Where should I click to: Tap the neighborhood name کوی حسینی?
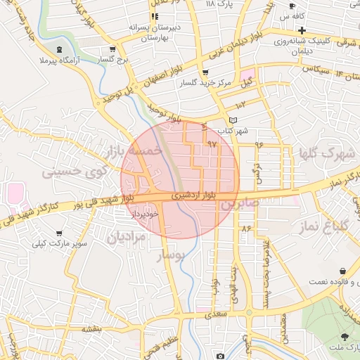[x=75, y=171]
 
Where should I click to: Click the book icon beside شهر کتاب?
[x=233, y=120]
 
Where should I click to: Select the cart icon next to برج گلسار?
[x=113, y=50]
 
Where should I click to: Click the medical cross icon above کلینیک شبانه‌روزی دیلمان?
[x=302, y=30]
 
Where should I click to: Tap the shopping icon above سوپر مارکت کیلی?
[x=58, y=233]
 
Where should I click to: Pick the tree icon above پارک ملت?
[x=345, y=336]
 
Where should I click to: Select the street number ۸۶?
[x=246, y=229]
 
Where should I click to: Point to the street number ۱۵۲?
[x=233, y=104]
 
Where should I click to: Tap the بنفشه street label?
[x=92, y=328]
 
